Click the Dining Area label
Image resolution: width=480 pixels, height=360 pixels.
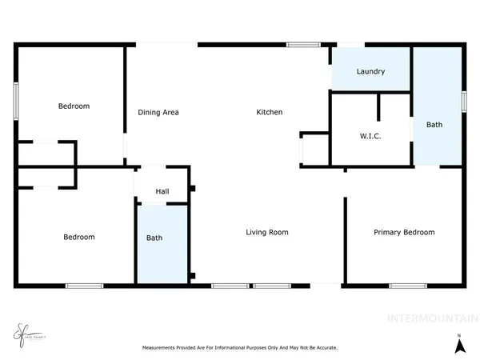[x=158, y=113]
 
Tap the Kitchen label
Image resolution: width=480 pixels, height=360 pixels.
[x=269, y=113]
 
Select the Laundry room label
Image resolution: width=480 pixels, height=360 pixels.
[x=370, y=72]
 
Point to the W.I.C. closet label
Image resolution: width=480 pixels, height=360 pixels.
[x=370, y=137]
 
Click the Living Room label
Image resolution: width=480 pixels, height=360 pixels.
[x=266, y=233]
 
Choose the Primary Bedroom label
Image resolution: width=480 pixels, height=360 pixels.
[x=404, y=233]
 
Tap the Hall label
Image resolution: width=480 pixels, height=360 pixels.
[x=162, y=192]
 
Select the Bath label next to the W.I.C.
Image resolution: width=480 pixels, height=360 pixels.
[x=434, y=126]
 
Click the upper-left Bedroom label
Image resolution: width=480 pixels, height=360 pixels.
[x=74, y=106]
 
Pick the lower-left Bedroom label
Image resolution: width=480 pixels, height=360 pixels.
[x=79, y=237]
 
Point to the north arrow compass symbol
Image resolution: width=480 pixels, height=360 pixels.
[x=458, y=345]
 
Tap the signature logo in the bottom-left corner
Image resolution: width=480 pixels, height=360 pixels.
[x=23, y=332]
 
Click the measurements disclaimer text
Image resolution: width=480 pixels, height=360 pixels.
[x=239, y=348]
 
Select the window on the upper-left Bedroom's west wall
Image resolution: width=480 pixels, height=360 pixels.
[x=16, y=102]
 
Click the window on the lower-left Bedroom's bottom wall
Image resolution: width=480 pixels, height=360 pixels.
[x=84, y=285]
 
